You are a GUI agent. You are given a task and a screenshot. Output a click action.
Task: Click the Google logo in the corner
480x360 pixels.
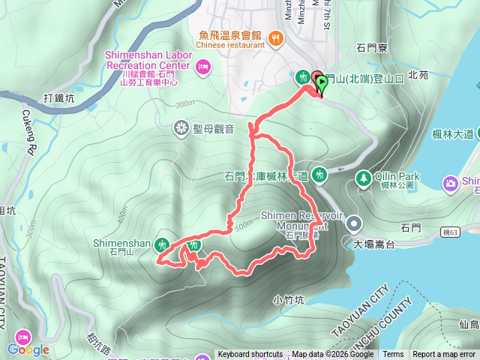pyautogui.click(x=28, y=349)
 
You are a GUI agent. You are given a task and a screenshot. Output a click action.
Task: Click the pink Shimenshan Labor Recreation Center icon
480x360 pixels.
pyautogui.click(x=202, y=69)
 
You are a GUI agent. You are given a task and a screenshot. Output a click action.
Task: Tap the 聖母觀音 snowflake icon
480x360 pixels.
pyautogui.click(x=181, y=127)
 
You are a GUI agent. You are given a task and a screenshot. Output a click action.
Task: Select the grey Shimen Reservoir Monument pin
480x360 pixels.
pyautogui.click(x=353, y=223)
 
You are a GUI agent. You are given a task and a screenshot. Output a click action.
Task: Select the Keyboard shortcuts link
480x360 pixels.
pyautogui.click(x=250, y=355)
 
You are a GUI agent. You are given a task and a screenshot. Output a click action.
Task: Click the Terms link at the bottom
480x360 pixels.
pyautogui.click(x=393, y=355)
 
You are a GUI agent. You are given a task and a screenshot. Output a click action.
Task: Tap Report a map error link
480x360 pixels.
pyautogui.click(x=445, y=355)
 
